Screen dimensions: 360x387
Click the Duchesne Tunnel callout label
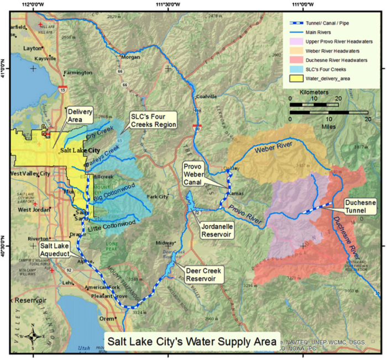point(359,207)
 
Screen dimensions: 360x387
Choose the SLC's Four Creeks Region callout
point(153,120)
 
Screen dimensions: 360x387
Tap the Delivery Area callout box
point(80,115)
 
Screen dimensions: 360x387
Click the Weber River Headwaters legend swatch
point(296,51)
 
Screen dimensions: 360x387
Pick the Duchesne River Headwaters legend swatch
point(296,60)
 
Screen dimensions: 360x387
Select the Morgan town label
point(131,57)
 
